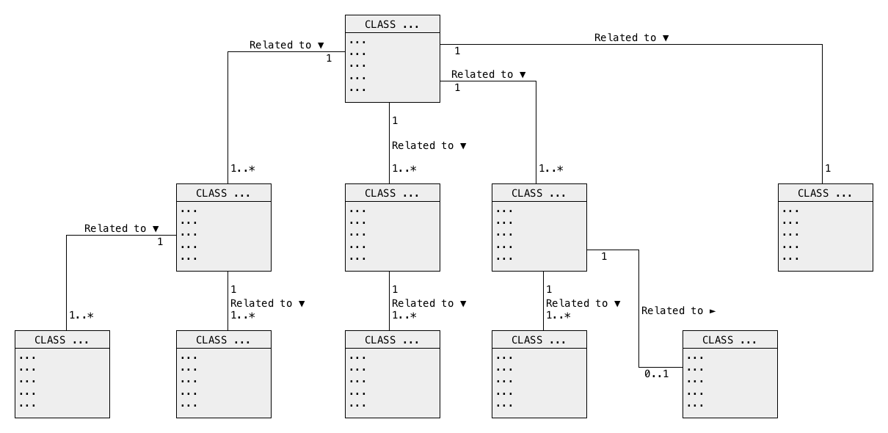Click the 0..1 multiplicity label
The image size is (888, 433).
click(657, 374)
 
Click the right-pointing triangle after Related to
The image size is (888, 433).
click(713, 311)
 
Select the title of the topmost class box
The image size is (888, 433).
click(392, 24)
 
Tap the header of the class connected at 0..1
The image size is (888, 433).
click(729, 340)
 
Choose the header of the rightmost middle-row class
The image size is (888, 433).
click(826, 193)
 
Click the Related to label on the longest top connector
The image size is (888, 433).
click(625, 37)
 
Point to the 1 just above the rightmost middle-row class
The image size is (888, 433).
click(828, 169)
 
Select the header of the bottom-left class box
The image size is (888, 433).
click(62, 340)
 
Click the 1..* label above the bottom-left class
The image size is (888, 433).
click(81, 316)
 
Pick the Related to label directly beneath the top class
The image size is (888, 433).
click(423, 146)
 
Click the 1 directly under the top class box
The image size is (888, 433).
click(395, 120)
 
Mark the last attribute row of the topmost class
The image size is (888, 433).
click(357, 90)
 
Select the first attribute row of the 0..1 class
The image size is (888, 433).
click(695, 357)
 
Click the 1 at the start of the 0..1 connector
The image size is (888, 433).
click(604, 257)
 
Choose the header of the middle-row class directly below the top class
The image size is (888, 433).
click(393, 193)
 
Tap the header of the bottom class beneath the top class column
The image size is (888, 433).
click(393, 340)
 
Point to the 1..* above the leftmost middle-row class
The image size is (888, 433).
click(243, 169)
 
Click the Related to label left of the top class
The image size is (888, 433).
click(280, 46)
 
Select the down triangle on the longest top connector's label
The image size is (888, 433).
click(666, 38)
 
